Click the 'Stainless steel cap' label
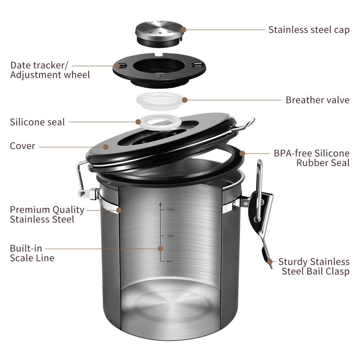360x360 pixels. tap(309, 30)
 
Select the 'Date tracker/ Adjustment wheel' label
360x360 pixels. tap(50, 70)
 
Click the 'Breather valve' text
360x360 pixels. tap(317, 100)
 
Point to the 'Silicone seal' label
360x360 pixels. tap(37, 122)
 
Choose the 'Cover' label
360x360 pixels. tap(22, 146)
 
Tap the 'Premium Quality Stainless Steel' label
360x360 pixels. tap(47, 215)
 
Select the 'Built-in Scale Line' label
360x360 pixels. tap(32, 253)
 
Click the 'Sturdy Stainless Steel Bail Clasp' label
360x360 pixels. tap(314, 266)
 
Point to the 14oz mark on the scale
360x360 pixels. tap(170, 210)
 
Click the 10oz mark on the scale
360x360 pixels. tap(170, 235)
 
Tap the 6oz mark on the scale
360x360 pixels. tap(169, 261)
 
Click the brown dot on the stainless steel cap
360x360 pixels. tap(183, 30)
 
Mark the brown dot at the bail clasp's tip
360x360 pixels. tap(270, 261)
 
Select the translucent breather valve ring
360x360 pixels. tap(159, 100)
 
